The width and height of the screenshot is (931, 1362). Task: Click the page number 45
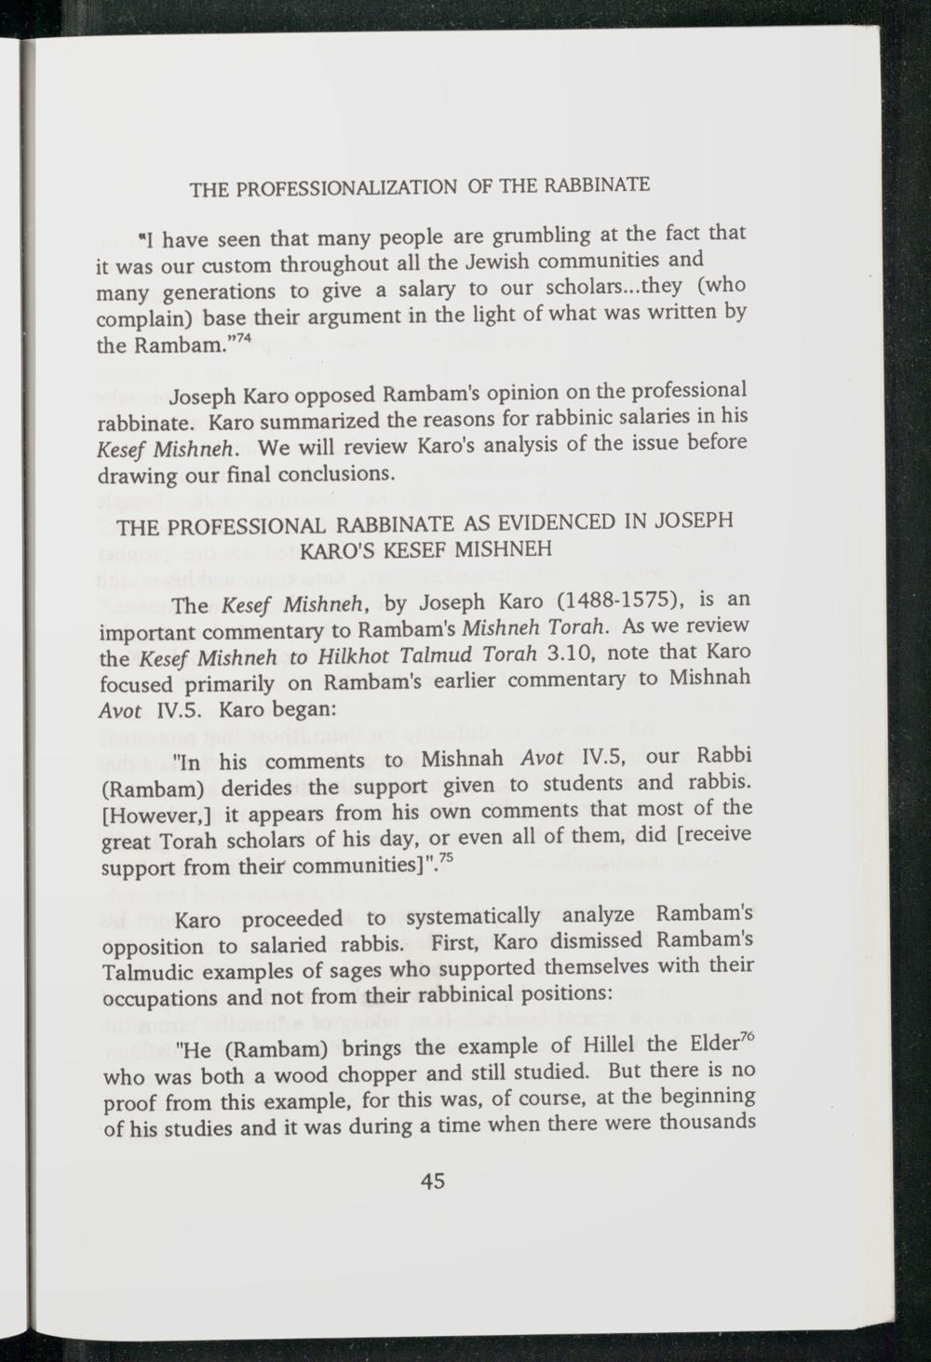click(x=434, y=1181)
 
